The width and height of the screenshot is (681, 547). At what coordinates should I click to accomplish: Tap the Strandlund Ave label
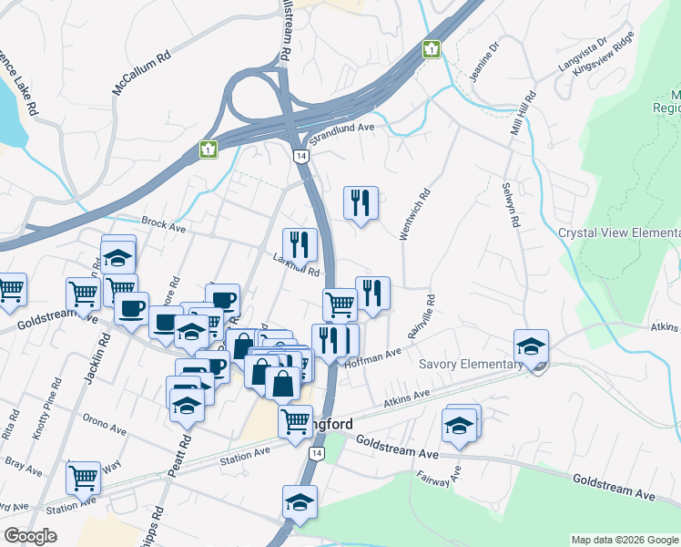pyautogui.click(x=342, y=133)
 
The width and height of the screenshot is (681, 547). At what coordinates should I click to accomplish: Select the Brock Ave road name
pyautogui.click(x=164, y=222)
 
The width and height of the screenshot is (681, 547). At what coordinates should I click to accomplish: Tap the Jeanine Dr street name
pyautogui.click(x=484, y=61)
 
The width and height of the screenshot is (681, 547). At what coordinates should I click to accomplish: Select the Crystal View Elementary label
pyautogui.click(x=619, y=233)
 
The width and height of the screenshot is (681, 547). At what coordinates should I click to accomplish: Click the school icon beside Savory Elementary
pyautogui.click(x=531, y=347)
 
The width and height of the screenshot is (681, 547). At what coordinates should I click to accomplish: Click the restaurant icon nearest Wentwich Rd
pyautogui.click(x=361, y=203)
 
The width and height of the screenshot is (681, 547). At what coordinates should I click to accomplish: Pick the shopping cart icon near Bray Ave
pyautogui.click(x=83, y=478)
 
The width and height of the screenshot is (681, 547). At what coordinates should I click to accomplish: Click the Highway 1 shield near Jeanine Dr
pyautogui.click(x=431, y=48)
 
